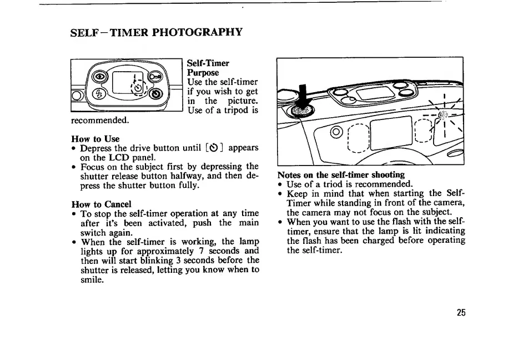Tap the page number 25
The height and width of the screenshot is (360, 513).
tap(461, 312)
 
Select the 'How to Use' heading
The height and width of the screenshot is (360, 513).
tap(95, 138)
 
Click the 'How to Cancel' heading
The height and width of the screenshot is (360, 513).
tap(102, 204)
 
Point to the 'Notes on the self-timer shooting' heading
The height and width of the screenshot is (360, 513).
tap(341, 174)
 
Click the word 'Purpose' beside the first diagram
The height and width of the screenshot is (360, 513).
tap(203, 73)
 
